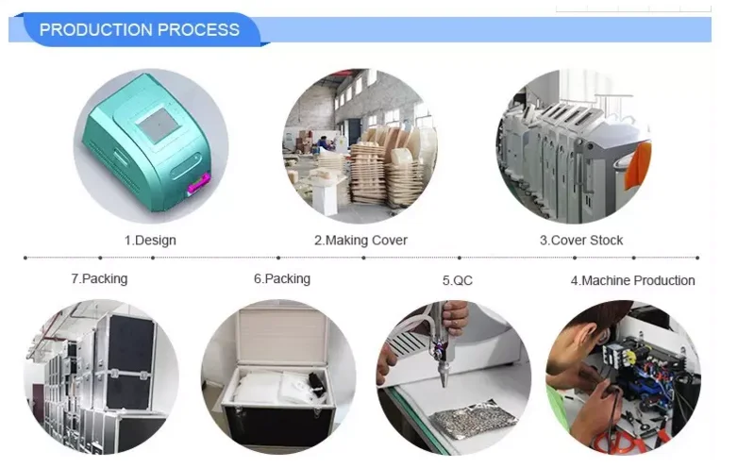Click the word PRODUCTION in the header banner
coord(96,30)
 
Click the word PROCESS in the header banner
coord(198,30)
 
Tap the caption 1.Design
coord(150,240)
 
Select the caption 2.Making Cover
coord(360,240)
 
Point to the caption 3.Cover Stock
coord(581,240)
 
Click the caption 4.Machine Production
coord(632,280)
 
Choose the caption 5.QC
coord(458,280)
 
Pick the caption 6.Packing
coord(282,279)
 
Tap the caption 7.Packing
coord(99,279)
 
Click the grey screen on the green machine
coord(159,125)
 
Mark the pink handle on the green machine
coord(198,183)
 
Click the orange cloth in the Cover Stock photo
coord(638,163)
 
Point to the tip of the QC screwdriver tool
coord(444,384)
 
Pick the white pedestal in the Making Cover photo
coord(326,198)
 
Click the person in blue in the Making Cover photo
coord(323,143)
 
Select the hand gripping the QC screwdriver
coord(454,317)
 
